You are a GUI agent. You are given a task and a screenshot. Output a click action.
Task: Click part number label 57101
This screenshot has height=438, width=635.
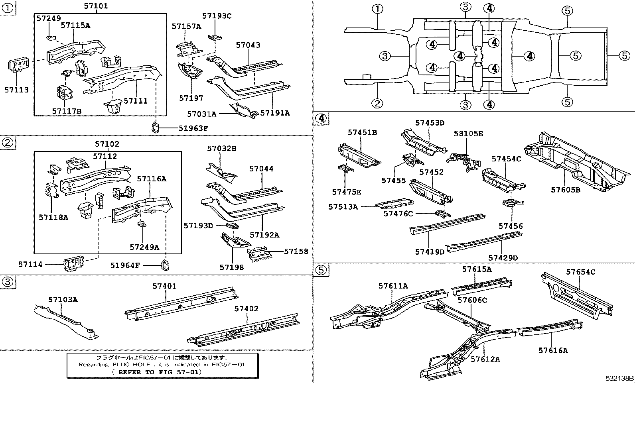coord(96,6)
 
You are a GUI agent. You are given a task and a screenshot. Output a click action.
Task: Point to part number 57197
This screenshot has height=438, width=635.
coord(191,98)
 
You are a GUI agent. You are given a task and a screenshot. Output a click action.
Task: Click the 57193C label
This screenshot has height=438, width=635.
coord(217,16)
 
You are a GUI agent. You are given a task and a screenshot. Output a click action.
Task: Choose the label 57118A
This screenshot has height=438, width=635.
coord(53,217)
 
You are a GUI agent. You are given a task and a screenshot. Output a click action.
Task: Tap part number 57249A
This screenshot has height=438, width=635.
coord(144,247)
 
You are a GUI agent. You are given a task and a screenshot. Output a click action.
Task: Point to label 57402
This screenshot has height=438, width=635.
coord(246,309)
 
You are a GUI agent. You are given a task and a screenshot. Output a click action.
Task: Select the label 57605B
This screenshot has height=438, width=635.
coord(566,190)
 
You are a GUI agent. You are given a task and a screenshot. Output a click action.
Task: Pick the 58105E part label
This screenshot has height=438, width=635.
coord(468,134)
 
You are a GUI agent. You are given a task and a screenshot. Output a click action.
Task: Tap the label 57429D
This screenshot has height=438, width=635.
coord(503,258)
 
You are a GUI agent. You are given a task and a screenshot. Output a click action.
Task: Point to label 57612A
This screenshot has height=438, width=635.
coord(485,359)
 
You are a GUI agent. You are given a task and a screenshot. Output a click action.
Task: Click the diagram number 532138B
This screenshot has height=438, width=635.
coord(619,378)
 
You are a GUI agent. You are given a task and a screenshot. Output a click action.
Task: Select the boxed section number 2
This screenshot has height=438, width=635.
coord(8,143)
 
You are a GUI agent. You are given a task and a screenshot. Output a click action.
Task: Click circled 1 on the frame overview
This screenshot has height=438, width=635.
coord(377,9)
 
